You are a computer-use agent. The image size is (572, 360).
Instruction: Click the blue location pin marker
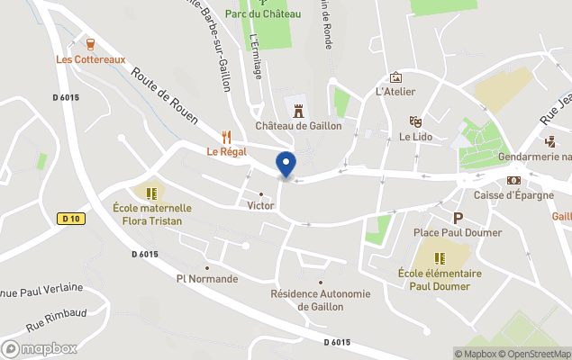[x=286, y=165]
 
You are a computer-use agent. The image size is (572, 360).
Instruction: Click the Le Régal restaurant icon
[x=226, y=137]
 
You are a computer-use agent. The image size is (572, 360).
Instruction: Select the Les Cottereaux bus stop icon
[x=90, y=44]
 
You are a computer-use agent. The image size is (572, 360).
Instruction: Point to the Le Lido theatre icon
[x=415, y=121]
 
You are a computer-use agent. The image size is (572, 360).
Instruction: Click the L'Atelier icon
[x=395, y=77]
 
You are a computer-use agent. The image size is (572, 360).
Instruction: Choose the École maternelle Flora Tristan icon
[x=151, y=193]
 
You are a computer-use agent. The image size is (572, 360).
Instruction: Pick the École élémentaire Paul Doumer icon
[x=440, y=258]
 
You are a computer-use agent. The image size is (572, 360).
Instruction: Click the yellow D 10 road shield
[x=70, y=219]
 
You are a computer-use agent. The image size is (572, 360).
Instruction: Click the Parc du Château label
[x=263, y=13]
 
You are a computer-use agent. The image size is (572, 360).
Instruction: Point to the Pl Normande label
[x=207, y=279]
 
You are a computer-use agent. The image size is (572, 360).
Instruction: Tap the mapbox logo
[x=40, y=348]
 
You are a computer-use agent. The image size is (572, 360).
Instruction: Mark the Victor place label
[x=261, y=205]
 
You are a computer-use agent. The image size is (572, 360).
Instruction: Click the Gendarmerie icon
[x=550, y=141]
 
